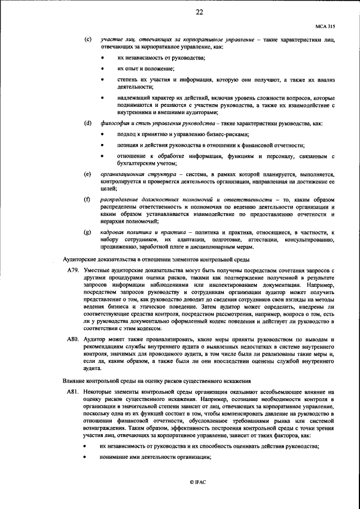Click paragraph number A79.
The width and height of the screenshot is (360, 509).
[x=73, y=271]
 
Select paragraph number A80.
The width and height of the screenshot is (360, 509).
[x=73, y=340]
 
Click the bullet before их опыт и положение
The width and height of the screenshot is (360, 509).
[x=102, y=68]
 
